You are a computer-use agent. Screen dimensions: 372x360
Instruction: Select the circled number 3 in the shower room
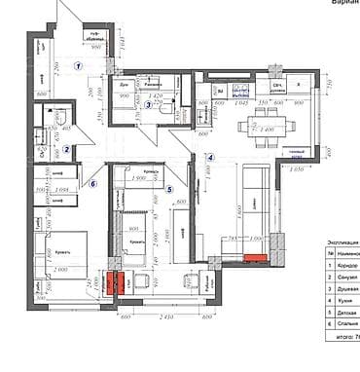[148, 105]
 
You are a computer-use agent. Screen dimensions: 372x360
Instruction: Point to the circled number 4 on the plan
[209, 157]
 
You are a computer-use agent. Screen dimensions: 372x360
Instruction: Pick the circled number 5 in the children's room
[169, 190]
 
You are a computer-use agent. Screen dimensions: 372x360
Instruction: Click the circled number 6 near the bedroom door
[93, 182]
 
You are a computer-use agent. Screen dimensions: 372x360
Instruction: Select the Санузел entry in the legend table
[347, 278]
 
